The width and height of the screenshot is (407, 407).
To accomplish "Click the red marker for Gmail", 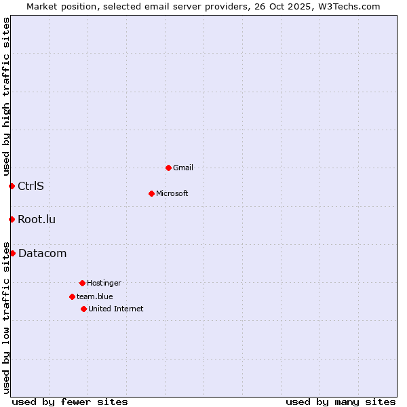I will [x=168, y=168].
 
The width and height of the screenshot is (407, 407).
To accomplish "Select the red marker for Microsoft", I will [x=151, y=193].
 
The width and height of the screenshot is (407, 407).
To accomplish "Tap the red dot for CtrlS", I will [x=12, y=186].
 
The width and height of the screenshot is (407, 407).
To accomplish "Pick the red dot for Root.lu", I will [x=12, y=219].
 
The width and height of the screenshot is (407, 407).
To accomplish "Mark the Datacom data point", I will [x=12, y=253].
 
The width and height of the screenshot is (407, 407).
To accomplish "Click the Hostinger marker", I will [x=82, y=283].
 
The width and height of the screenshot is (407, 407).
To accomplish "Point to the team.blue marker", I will [x=72, y=296].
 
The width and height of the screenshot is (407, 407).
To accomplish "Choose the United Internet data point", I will [x=83, y=309].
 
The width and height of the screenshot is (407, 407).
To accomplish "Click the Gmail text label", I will [x=183, y=168].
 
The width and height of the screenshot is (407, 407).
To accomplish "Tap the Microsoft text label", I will [x=172, y=193].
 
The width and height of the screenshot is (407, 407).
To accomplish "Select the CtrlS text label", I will [x=31, y=186].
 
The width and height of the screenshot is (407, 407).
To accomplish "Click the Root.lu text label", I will [x=37, y=219].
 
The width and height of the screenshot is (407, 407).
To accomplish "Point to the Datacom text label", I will [x=42, y=253].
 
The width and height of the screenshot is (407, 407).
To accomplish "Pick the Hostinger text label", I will [x=104, y=283].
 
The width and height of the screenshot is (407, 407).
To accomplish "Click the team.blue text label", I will [x=95, y=296].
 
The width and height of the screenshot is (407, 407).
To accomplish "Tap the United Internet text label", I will [x=116, y=309].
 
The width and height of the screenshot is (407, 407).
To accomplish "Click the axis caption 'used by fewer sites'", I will [x=70, y=402].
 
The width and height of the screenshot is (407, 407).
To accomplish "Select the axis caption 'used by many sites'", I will [x=341, y=402].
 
